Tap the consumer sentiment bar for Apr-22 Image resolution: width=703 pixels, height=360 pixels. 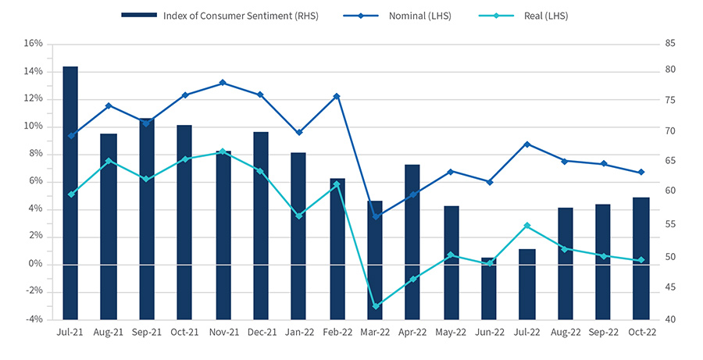[x=412, y=242]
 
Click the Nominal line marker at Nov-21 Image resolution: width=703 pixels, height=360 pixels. [x=223, y=83]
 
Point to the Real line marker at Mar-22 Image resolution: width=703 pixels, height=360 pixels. [x=376, y=306]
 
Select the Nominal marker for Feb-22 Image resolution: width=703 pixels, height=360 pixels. [x=337, y=96]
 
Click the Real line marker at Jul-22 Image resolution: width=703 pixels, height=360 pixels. [x=527, y=226]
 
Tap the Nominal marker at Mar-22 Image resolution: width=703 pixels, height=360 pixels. [x=376, y=216]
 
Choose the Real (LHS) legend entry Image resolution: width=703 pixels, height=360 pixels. [x=535, y=15]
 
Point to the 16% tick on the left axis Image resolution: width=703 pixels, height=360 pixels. [x=33, y=44]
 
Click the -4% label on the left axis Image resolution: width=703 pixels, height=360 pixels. [x=33, y=319]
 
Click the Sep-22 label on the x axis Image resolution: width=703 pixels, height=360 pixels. [x=603, y=332]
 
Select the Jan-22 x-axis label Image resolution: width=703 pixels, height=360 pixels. [x=298, y=332]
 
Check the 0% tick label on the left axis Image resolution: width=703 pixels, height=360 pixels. [x=35, y=264]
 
